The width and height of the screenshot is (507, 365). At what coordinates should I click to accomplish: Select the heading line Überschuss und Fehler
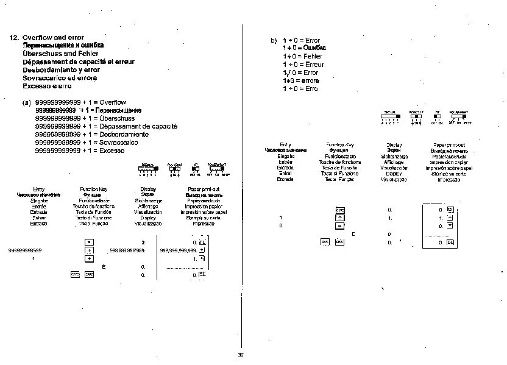[52, 54]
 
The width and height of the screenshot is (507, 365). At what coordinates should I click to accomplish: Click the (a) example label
[27, 102]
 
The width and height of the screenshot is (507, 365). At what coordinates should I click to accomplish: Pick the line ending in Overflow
[80, 102]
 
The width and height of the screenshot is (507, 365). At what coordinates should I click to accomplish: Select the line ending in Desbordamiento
[91, 134]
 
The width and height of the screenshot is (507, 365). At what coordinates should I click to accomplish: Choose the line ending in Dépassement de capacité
[107, 126]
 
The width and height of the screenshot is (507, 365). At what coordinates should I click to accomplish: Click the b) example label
[274, 40]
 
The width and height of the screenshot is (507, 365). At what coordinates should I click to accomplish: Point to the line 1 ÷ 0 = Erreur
[303, 65]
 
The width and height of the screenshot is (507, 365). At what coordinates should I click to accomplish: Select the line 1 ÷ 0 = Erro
[300, 88]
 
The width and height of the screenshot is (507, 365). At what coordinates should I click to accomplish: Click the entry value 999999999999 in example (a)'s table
[26, 250]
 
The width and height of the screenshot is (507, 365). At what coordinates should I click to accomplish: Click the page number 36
[240, 354]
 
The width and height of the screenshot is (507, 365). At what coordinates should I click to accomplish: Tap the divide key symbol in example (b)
[340, 218]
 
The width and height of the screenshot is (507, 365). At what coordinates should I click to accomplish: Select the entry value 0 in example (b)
[281, 225]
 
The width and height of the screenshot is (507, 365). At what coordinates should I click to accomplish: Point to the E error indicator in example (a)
[103, 267]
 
